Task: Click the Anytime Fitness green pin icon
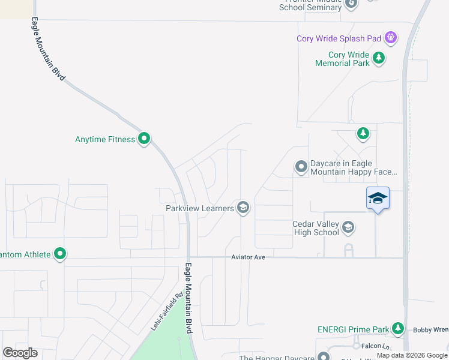click(x=144, y=139)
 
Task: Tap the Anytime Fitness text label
click(x=105, y=139)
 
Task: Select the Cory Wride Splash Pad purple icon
click(x=391, y=38)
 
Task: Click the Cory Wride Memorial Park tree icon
click(x=379, y=58)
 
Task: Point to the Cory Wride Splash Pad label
click(x=339, y=38)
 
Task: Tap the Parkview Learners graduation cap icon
click(x=243, y=208)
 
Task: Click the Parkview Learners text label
click(x=199, y=208)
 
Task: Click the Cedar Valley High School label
click(x=316, y=228)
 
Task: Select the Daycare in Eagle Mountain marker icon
click(x=301, y=167)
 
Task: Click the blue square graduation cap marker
click(x=378, y=198)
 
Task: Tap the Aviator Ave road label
click(x=249, y=257)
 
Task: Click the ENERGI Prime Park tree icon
click(x=397, y=328)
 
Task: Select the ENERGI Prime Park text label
click(x=354, y=329)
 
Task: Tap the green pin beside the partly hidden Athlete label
click(x=60, y=254)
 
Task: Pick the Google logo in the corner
click(x=20, y=352)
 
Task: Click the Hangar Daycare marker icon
click(x=324, y=357)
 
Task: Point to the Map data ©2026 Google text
click(x=412, y=355)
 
